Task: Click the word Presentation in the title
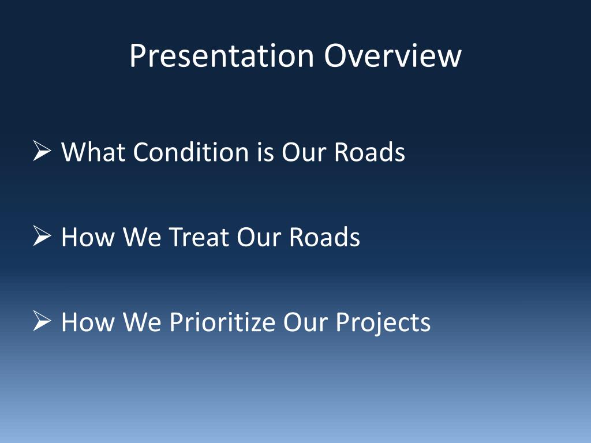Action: (x=222, y=56)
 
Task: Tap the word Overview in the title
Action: (x=392, y=56)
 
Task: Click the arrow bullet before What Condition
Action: (x=42, y=151)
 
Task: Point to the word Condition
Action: (x=190, y=152)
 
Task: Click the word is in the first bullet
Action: (x=265, y=152)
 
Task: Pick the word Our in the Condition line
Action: (x=304, y=152)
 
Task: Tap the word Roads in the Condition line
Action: (x=369, y=152)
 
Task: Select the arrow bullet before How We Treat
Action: (x=42, y=236)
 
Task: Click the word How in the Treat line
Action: (x=88, y=237)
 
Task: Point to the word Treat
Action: (x=199, y=237)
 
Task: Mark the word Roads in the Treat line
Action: (x=324, y=237)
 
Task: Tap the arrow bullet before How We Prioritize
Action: (x=42, y=321)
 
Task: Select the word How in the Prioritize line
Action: (x=88, y=322)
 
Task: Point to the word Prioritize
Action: (x=222, y=322)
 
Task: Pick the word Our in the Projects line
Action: (x=305, y=322)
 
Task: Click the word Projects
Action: (x=383, y=323)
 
